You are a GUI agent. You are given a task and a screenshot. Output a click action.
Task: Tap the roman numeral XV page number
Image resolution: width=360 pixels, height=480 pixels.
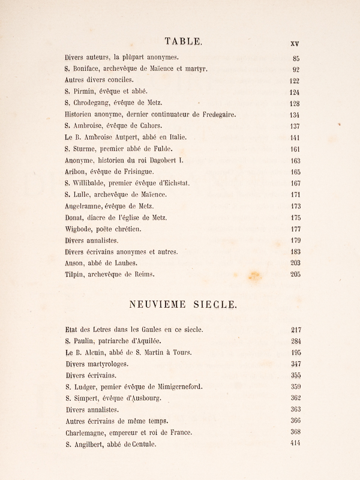pyautogui.click(x=295, y=43)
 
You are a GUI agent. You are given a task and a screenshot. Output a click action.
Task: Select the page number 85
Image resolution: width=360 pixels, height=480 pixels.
pyautogui.click(x=296, y=58)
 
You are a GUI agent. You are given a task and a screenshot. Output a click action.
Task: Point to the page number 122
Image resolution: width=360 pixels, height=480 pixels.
pyautogui.click(x=294, y=81)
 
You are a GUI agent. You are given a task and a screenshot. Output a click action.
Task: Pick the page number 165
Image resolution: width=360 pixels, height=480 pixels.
pyautogui.click(x=294, y=172)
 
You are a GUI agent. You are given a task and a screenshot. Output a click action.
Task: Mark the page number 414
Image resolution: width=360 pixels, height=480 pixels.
pyautogui.click(x=294, y=443)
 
